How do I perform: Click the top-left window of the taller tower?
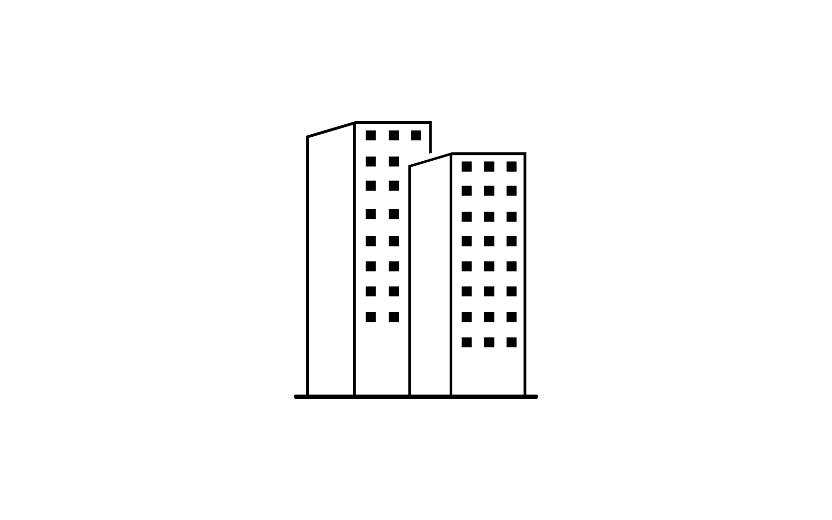click(x=371, y=135)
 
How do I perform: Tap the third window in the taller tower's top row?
click(x=416, y=135)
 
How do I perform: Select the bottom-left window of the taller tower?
click(x=371, y=317)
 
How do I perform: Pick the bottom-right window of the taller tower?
click(x=394, y=317)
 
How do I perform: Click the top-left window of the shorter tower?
click(x=466, y=166)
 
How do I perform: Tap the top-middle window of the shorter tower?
click(x=489, y=166)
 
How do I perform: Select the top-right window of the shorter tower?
click(x=512, y=166)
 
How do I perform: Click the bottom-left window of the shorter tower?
click(x=466, y=342)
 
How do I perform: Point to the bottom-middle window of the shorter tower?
click(x=489, y=342)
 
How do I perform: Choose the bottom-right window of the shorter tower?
click(x=512, y=342)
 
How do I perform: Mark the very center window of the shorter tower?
click(x=489, y=241)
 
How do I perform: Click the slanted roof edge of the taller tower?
click(x=331, y=130)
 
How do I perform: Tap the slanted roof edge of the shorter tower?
click(x=431, y=160)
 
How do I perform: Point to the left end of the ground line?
click(x=297, y=397)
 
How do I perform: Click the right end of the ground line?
click(x=535, y=397)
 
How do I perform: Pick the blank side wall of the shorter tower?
click(x=430, y=281)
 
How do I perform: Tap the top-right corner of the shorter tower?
click(x=525, y=154)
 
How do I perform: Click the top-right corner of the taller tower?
click(x=431, y=123)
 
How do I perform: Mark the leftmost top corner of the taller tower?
click(x=308, y=137)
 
